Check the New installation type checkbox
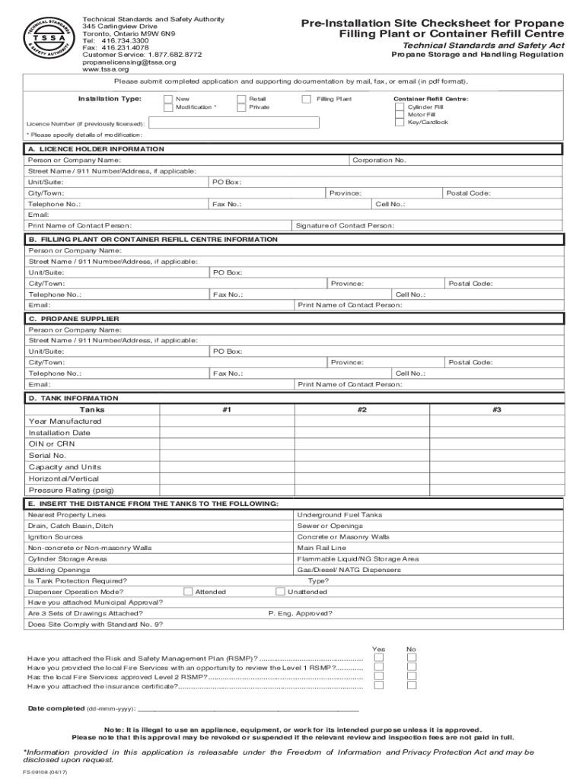[168, 99]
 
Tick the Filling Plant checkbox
[307, 99]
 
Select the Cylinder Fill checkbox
[400, 107]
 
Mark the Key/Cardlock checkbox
[400, 122]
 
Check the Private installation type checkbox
[241, 107]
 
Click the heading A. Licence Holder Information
[96, 149]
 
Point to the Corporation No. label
[379, 161]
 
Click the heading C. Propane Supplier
[74, 319]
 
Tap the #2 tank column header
[362, 410]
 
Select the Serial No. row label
[47, 456]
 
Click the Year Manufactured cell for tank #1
[227, 421]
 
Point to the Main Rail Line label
[321, 548]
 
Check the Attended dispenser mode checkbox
[187, 591]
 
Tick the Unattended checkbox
[280, 591]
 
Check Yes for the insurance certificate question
[378, 685]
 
